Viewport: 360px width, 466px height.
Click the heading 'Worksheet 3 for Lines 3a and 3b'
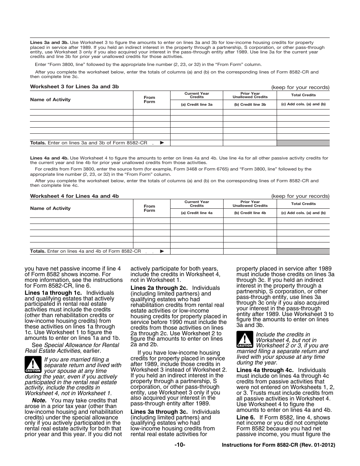pos(74,87)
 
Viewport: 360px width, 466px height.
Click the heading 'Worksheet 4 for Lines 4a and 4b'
pos(74,196)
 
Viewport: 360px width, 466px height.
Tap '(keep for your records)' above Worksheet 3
pos(300,87)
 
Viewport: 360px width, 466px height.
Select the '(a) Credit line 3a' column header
pos(197,104)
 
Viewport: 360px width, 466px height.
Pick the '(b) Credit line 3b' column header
pos(250,104)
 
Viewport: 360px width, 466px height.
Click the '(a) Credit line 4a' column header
pos(197,213)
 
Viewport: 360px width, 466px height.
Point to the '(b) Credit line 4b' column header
pos(250,213)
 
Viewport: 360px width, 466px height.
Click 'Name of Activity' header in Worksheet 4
pos(50,208)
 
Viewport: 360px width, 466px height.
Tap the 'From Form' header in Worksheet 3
pos(149,100)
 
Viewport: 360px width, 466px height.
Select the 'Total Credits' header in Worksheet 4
pos(303,204)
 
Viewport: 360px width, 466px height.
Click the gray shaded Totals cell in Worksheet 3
pos(303,143)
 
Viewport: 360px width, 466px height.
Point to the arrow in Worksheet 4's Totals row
pos(162,251)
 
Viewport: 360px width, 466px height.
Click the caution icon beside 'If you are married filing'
pos(33,365)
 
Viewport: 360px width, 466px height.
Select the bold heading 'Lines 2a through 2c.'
pos(159,288)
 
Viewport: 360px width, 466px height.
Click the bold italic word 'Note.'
pos(39,400)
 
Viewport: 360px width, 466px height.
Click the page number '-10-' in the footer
pos(180,445)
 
